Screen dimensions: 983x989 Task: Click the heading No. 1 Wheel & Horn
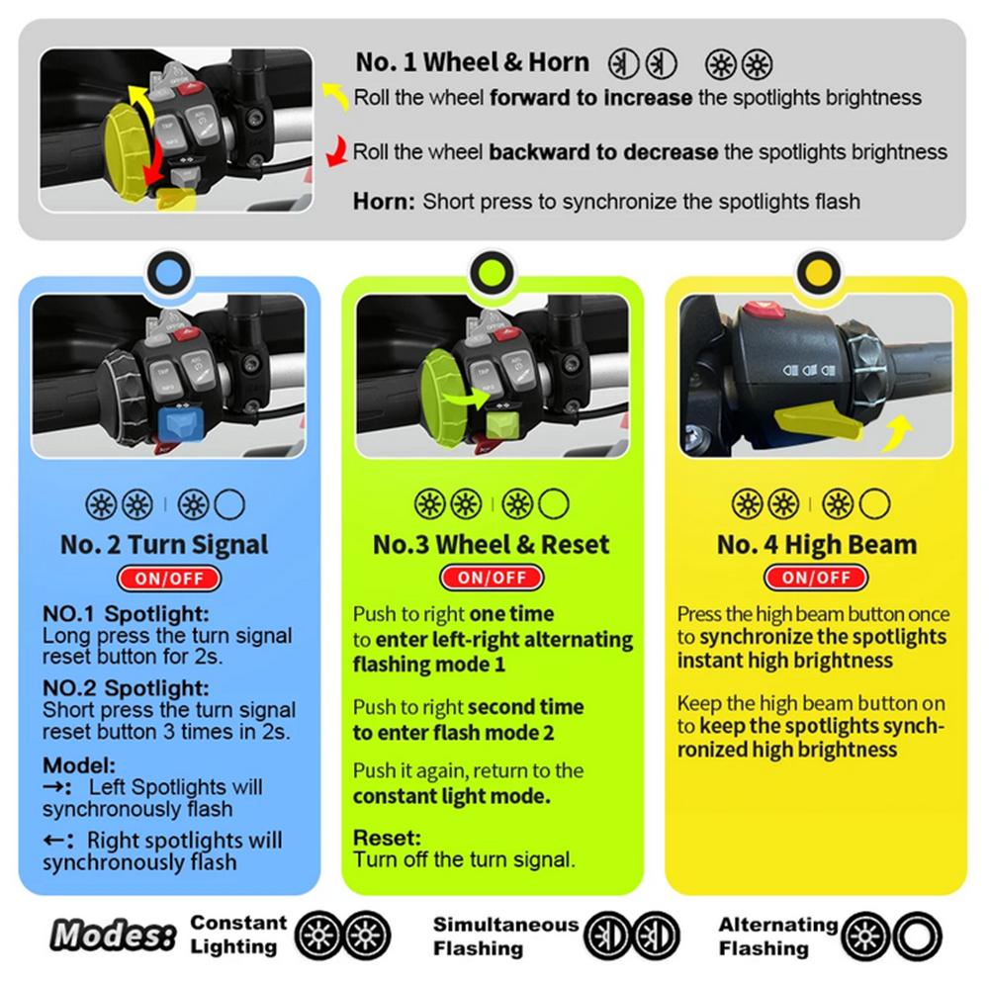click(472, 62)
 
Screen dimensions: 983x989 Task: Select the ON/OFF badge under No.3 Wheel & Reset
click(492, 578)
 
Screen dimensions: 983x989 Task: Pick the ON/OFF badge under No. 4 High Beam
click(816, 578)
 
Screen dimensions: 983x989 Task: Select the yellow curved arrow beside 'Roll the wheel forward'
click(336, 95)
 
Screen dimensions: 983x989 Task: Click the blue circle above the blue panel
click(169, 269)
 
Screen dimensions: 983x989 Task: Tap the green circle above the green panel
click(493, 269)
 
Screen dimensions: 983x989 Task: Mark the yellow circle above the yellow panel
click(817, 269)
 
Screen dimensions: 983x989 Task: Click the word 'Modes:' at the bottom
click(113, 935)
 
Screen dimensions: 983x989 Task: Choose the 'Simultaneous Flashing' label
click(505, 936)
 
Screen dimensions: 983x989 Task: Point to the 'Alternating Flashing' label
click(777, 936)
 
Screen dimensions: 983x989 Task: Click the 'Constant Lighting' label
click(238, 935)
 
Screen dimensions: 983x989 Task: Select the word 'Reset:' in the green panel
click(388, 838)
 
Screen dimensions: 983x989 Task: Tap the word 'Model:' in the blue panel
click(80, 764)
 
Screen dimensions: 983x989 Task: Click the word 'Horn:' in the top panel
click(384, 202)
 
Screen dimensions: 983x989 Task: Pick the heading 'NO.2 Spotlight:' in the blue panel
click(126, 687)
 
